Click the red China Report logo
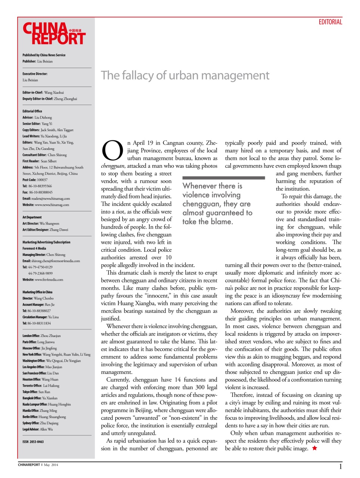pyautogui.click(x=54, y=34)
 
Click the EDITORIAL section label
pyautogui.click(x=330, y=22)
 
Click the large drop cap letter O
pyautogui.click(x=112, y=150)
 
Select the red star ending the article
pyautogui.click(x=314, y=448)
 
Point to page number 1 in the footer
pyautogui.click(x=340, y=466)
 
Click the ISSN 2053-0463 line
pyautogui.click(x=33, y=442)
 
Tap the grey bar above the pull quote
pyautogui.click(x=223, y=178)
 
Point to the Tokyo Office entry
pyautogui.click(x=36, y=392)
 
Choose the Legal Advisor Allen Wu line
pyautogui.click(x=37, y=429)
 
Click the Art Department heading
pyautogui.click(x=32, y=217)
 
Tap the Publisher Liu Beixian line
pyautogui.click(x=37, y=61)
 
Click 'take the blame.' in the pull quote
pyautogui.click(x=208, y=222)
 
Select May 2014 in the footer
pyautogui.click(x=51, y=465)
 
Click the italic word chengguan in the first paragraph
pyautogui.click(x=112, y=166)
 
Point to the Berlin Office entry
pyautogui.click(x=44, y=417)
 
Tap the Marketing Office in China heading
pyautogui.click(x=37, y=292)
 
